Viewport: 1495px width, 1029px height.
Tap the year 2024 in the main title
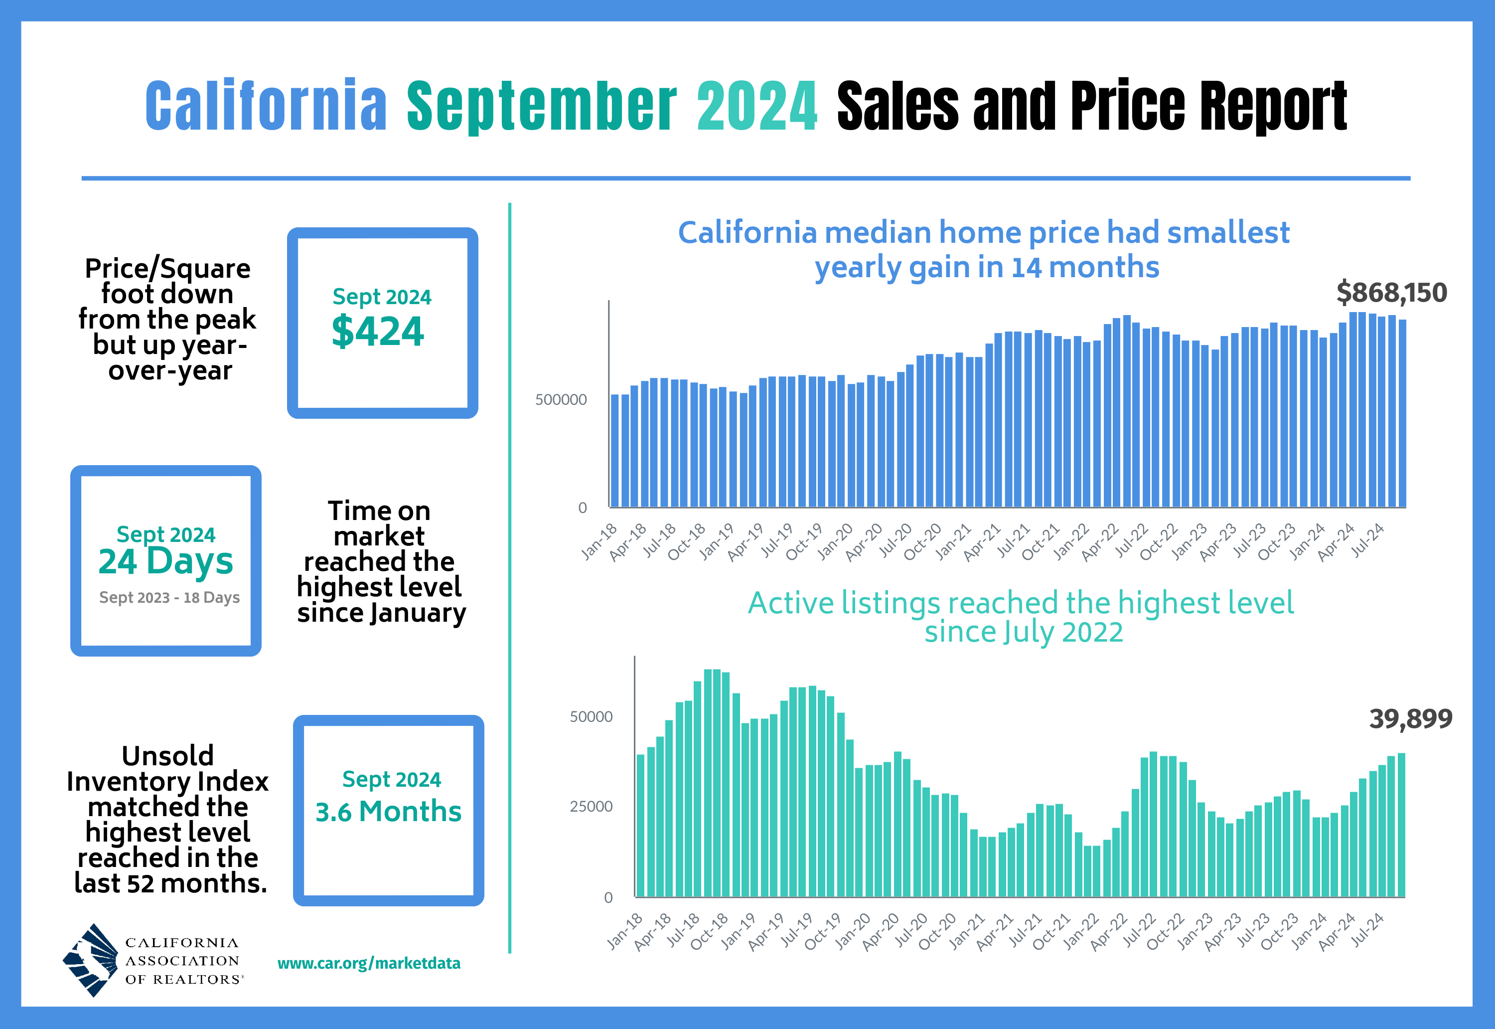coord(757,106)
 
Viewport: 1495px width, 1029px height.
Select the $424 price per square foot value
coord(378,332)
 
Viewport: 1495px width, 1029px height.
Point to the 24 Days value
coord(165,561)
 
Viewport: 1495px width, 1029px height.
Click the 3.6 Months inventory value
coord(389,811)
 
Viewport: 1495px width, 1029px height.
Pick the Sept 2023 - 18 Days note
coord(169,598)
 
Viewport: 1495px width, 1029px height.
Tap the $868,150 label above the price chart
coord(1391,293)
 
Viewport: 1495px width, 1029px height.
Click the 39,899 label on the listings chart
coord(1411,719)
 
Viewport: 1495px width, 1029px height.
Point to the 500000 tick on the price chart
coord(561,400)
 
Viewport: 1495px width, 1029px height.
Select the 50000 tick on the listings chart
coord(591,717)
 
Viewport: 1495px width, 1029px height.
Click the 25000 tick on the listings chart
coord(591,807)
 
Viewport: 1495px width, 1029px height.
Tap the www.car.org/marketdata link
coord(369,963)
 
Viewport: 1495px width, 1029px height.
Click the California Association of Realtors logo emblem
coord(90,960)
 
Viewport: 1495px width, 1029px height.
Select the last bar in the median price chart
coord(1402,413)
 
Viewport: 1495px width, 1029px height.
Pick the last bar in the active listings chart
coord(1401,825)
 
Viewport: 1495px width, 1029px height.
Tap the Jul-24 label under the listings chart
coord(1367,930)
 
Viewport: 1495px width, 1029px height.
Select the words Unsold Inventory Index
coord(167,769)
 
